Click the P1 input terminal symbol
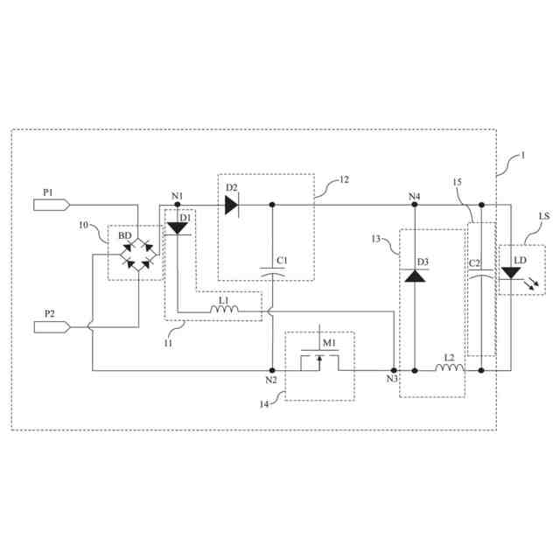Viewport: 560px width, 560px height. coord(52,205)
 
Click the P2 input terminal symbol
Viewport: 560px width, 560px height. coord(52,327)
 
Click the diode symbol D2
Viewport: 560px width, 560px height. coord(232,205)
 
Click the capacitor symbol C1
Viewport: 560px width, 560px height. coord(272,273)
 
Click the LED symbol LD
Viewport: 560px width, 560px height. coord(511,273)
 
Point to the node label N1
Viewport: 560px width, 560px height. coord(178,194)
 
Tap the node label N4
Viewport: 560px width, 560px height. coord(414,194)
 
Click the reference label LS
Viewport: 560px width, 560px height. coord(544,216)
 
